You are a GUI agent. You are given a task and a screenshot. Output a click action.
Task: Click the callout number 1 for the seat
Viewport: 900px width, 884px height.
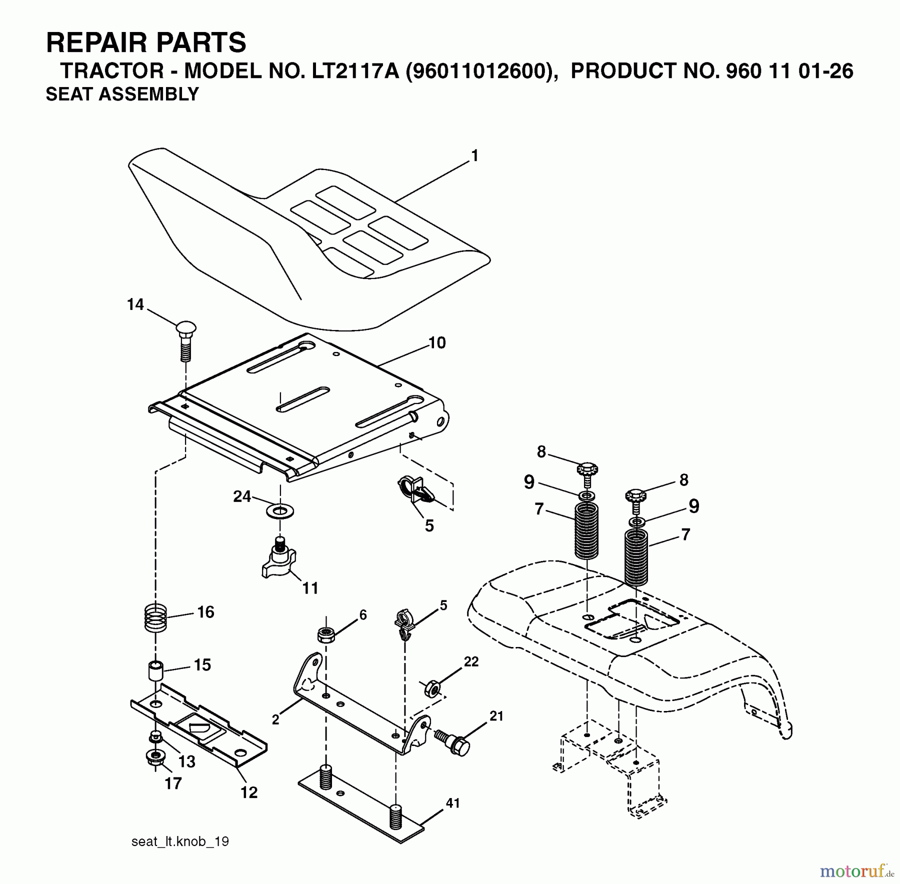(x=474, y=156)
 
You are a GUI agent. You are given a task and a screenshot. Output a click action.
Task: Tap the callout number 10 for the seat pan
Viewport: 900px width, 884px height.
(x=436, y=343)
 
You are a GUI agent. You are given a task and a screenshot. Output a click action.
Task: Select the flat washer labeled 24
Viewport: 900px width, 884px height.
(x=280, y=511)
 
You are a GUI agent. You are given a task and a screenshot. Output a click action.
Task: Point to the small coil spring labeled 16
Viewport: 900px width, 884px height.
(x=155, y=618)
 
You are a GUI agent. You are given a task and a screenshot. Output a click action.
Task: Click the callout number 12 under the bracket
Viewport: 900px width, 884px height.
(x=249, y=792)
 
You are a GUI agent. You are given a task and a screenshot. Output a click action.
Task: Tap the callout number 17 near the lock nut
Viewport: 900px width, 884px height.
(x=173, y=783)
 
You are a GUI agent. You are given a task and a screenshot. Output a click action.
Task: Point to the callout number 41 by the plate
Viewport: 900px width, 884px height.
(x=452, y=803)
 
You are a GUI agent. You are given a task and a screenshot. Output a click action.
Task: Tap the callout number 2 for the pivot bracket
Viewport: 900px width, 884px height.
(x=275, y=719)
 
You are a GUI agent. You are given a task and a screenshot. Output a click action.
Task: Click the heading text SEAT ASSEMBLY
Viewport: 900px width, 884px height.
(x=122, y=94)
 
